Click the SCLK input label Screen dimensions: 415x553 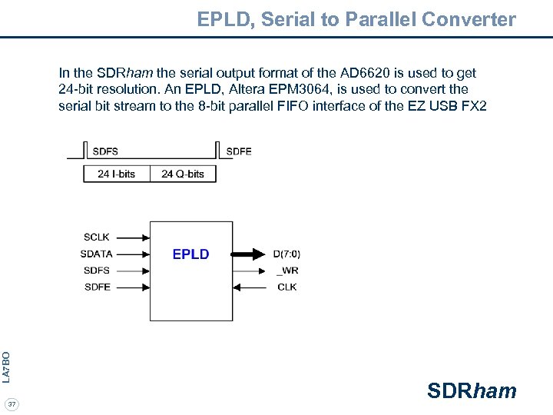coord(97,237)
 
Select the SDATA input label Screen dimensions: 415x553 coord(96,254)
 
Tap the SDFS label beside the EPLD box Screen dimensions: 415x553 coord(97,271)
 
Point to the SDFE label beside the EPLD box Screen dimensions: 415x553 coord(97,287)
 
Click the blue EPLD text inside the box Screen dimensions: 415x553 coord(190,254)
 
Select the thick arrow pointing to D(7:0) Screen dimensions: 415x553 coord(249,254)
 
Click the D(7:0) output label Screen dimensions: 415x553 coord(286,254)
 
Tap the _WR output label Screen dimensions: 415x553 coord(286,271)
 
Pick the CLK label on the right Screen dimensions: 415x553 coord(286,287)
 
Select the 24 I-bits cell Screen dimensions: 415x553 coord(117,174)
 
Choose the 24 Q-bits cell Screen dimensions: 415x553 coord(183,174)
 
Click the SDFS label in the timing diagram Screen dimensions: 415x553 coord(105,151)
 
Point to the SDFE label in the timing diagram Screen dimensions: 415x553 coord(239,151)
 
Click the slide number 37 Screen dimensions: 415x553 coord(12,404)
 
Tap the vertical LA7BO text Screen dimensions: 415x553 coord(6,367)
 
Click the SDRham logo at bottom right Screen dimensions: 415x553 coord(472,391)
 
